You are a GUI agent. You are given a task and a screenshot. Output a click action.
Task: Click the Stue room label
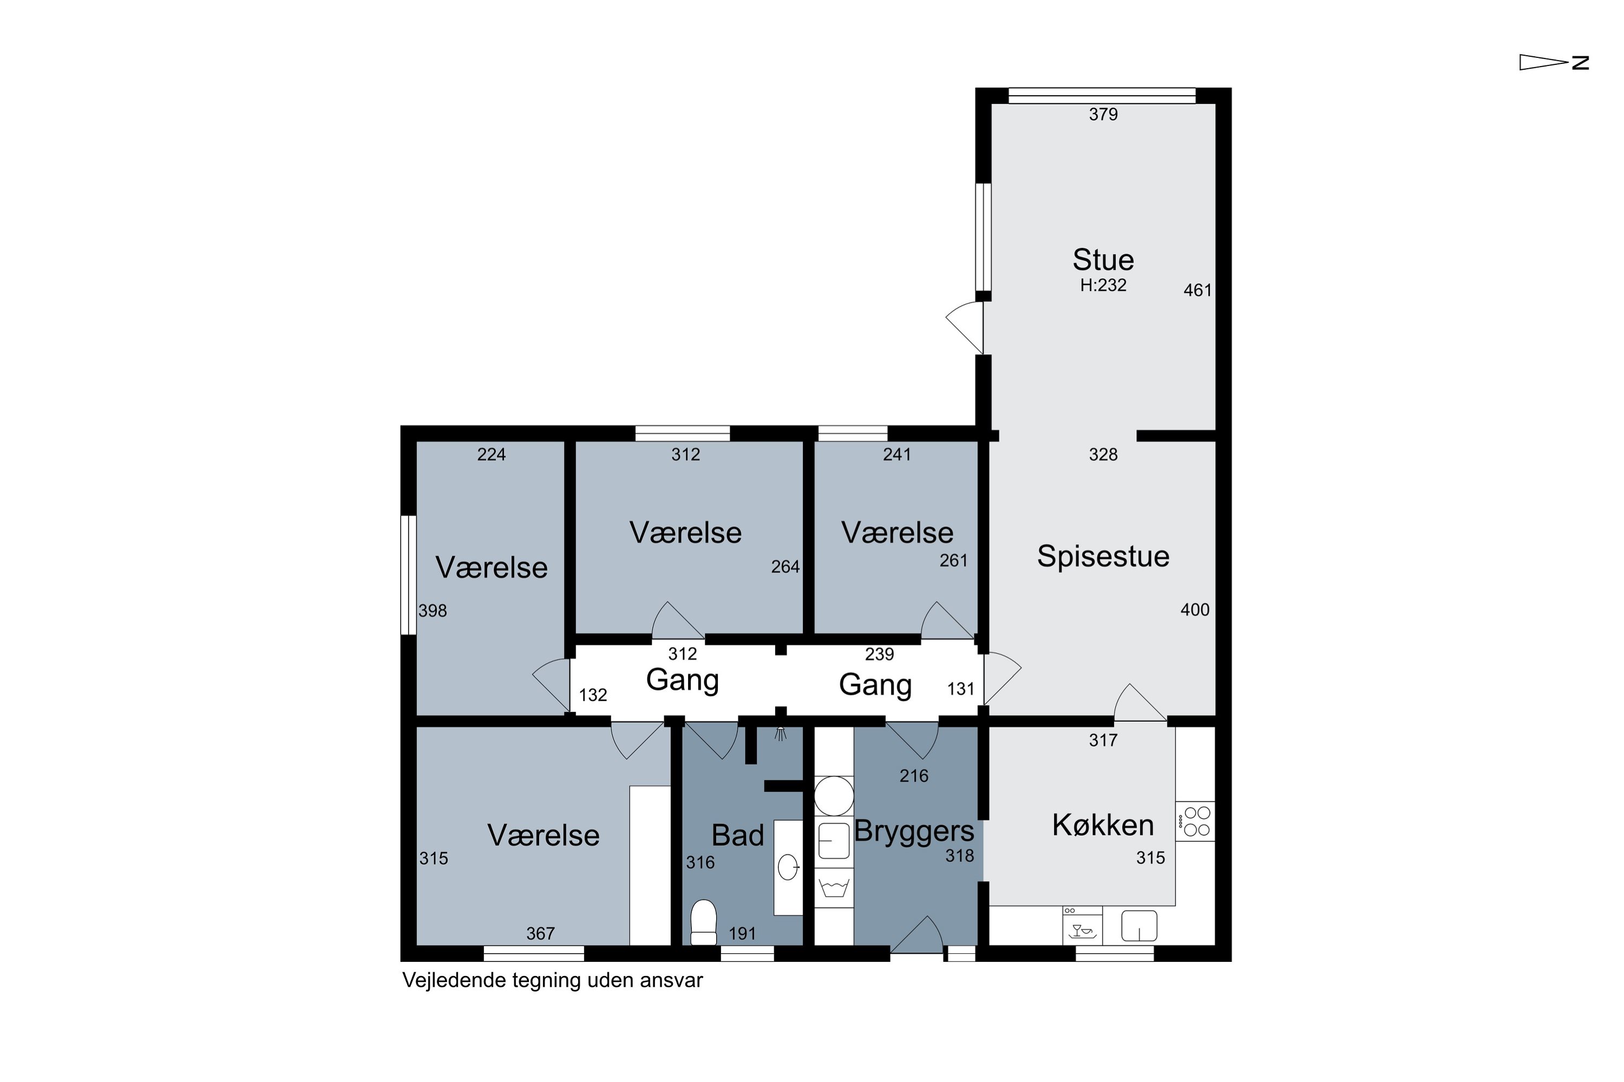click(1103, 260)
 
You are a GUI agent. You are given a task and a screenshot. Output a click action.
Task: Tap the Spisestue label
click(1103, 556)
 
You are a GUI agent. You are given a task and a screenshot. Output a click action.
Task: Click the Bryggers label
click(914, 832)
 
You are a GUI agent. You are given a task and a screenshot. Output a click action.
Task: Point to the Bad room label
click(737, 836)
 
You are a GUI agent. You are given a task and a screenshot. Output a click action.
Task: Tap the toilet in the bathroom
click(704, 922)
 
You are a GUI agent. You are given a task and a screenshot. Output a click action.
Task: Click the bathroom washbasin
click(788, 867)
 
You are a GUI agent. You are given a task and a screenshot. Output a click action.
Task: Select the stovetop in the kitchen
click(1195, 821)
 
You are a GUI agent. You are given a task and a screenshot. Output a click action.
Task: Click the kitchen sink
click(1138, 925)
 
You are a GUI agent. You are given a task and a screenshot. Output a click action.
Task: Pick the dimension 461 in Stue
click(1197, 291)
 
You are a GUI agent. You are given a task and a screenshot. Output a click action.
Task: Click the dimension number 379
click(1103, 115)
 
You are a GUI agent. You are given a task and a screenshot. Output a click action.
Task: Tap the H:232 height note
click(1103, 285)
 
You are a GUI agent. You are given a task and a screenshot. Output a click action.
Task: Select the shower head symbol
click(780, 733)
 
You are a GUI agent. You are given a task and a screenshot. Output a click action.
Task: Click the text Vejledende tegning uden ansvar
click(552, 980)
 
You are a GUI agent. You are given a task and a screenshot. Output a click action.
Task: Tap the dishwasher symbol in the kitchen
click(1082, 925)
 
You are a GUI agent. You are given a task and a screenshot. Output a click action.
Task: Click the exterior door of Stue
click(965, 328)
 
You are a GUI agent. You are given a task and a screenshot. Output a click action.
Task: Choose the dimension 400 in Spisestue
click(1195, 610)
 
